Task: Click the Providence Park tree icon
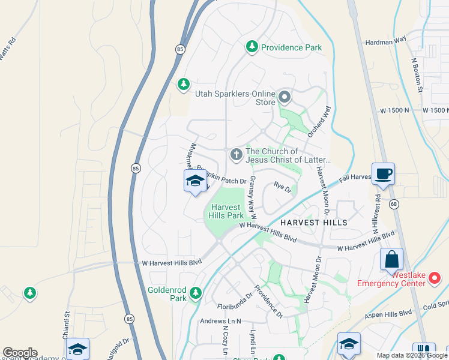pos(252,47)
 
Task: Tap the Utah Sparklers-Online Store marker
pos(284,96)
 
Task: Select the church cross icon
pos(237,155)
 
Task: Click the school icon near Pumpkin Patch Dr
pos(195,181)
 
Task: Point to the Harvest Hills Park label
pos(227,211)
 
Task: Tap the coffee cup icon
pos(383,174)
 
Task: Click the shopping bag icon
pos(391,260)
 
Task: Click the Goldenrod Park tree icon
pos(194,293)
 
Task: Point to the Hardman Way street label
pos(386,42)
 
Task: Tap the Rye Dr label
pos(282,188)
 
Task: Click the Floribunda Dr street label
pos(236,306)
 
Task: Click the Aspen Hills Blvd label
pos(388,313)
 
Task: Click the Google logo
pos(20,353)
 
